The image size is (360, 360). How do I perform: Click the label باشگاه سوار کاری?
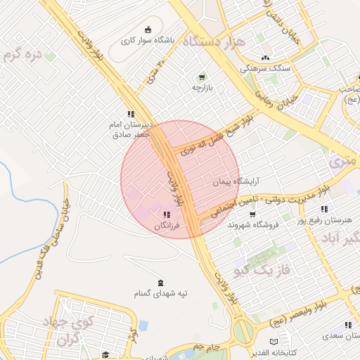coord(148,41)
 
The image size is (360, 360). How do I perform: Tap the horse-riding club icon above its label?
coord(148,30)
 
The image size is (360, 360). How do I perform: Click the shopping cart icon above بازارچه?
coord(202,77)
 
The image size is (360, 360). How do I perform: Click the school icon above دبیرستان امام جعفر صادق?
coord(130,113)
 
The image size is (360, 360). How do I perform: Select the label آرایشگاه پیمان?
coord(237,181)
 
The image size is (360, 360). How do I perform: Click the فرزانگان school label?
coord(167,226)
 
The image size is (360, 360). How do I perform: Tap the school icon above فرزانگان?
coord(167,214)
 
